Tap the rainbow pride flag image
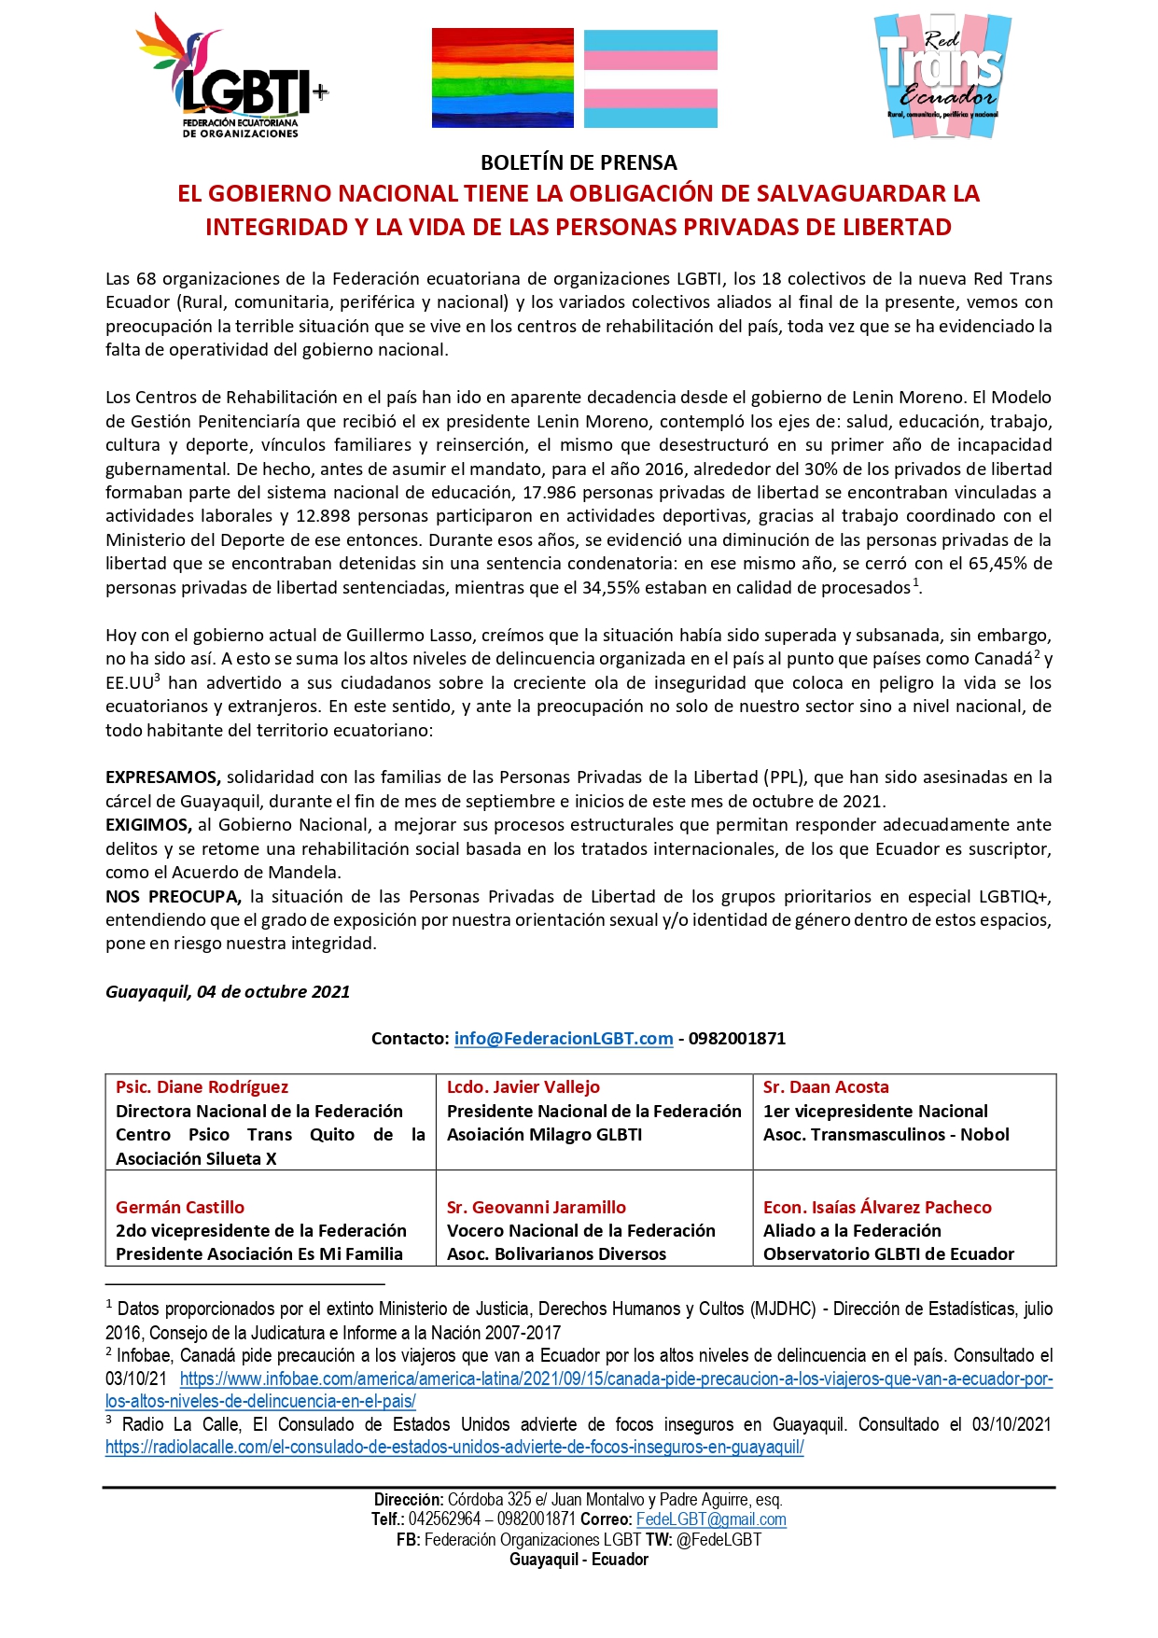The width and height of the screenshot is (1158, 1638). pyautogui.click(x=502, y=78)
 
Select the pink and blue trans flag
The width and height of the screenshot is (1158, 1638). pyautogui.click(x=650, y=78)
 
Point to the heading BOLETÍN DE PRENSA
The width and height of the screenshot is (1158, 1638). pyautogui.click(x=579, y=162)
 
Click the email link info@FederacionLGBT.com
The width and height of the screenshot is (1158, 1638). pyautogui.click(x=564, y=1039)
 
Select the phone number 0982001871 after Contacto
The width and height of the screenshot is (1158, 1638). pyautogui.click(x=737, y=1039)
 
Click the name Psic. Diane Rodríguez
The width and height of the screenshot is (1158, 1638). pyautogui.click(x=202, y=1087)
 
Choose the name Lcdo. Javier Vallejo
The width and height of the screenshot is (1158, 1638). pyautogui.click(x=523, y=1087)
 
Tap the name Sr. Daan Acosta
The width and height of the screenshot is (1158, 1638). pyautogui.click(x=826, y=1087)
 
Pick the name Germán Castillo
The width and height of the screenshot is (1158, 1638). pyautogui.click(x=180, y=1207)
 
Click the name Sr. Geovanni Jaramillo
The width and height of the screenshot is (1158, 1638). pyautogui.click(x=537, y=1207)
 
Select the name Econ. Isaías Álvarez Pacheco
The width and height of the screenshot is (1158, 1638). pyautogui.click(x=877, y=1207)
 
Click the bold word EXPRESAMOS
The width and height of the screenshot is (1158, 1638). pyautogui.click(x=162, y=777)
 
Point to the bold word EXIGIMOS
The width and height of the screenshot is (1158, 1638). pyautogui.click(x=148, y=825)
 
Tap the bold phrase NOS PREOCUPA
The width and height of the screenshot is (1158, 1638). pyautogui.click(x=174, y=897)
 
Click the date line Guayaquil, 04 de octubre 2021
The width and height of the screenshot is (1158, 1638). pyautogui.click(x=228, y=992)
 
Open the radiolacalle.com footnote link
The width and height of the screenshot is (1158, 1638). pyautogui.click(x=454, y=1448)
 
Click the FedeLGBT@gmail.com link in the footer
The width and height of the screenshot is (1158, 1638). pyautogui.click(x=711, y=1519)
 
